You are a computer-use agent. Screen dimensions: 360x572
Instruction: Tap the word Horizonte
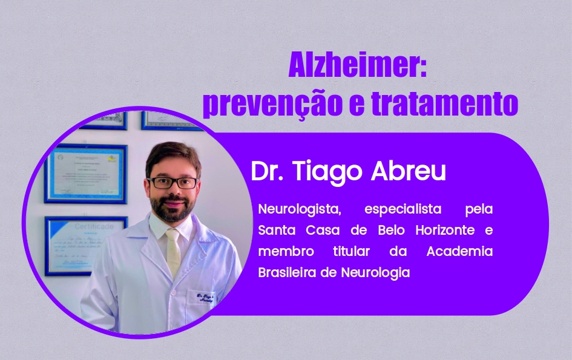(447, 231)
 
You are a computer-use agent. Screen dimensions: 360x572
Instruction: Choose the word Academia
(459, 251)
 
